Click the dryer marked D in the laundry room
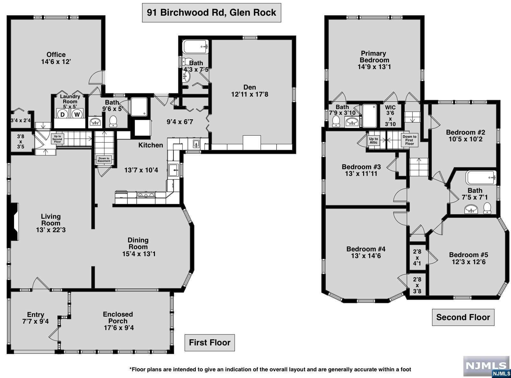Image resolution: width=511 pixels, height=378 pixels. [62, 114]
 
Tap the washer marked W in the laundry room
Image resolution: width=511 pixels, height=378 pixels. [77, 114]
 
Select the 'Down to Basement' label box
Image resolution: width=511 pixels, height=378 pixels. [104, 160]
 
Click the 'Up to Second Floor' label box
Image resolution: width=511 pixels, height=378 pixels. [57, 139]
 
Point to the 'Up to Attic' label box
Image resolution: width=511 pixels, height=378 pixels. [373, 140]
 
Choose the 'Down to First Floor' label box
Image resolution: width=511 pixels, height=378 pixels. [409, 140]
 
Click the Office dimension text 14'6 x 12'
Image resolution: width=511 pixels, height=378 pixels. [56, 62]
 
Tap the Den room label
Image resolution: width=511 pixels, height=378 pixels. [249, 87]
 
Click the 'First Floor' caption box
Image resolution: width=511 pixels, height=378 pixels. [210, 343]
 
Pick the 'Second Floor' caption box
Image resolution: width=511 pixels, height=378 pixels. [463, 317]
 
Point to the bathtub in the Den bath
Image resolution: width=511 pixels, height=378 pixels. [195, 47]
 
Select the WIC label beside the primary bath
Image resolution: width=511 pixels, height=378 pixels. [390, 107]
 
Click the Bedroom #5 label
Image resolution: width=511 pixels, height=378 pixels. [469, 255]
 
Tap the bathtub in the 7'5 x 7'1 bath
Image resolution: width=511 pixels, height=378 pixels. [481, 178]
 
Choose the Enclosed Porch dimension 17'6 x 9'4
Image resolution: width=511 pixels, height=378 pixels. [119, 328]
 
